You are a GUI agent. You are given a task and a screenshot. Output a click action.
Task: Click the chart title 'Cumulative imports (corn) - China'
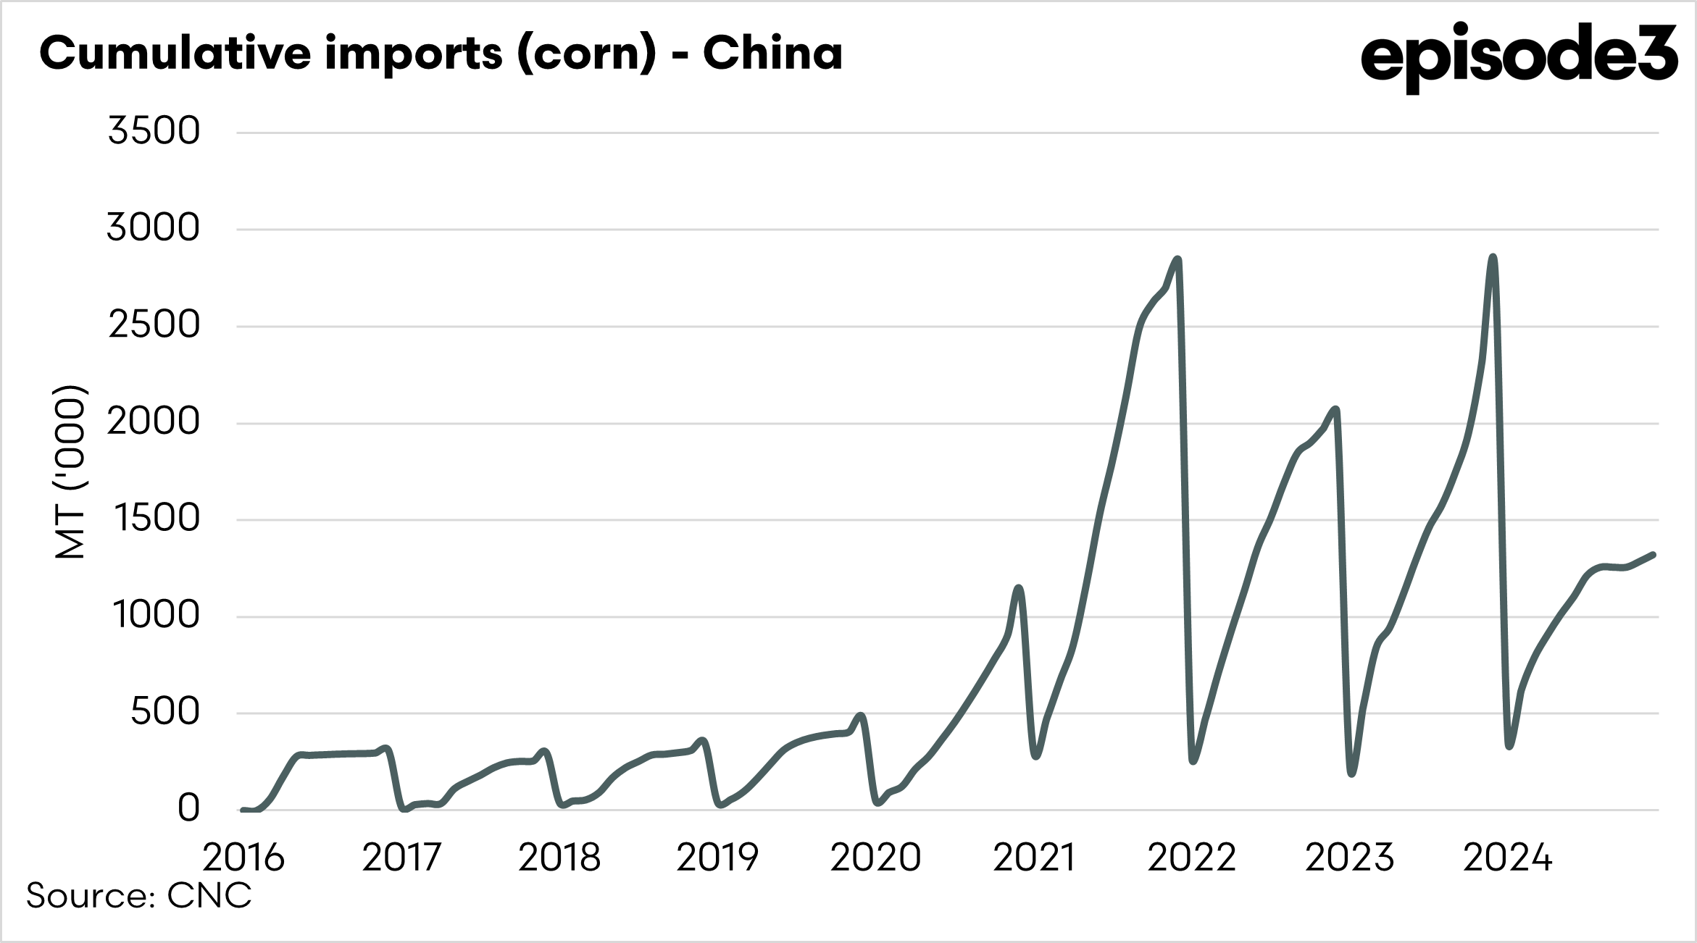click(x=441, y=52)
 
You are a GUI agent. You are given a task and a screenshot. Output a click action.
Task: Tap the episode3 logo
click(x=1519, y=56)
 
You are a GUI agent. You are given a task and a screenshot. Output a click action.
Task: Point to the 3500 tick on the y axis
click(x=154, y=132)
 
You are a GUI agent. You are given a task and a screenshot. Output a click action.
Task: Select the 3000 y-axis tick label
click(x=153, y=228)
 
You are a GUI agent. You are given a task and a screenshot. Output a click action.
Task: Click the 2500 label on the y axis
click(x=154, y=325)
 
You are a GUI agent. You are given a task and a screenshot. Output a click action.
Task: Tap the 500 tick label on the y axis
click(x=164, y=712)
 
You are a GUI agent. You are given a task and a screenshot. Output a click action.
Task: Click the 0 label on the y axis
click(x=188, y=808)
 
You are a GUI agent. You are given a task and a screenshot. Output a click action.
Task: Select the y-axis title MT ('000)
click(x=70, y=471)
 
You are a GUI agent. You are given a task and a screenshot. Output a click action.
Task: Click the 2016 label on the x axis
click(x=243, y=858)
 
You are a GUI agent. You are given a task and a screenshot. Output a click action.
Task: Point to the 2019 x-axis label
click(x=717, y=858)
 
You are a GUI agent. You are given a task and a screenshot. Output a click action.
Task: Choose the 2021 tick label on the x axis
click(x=1033, y=858)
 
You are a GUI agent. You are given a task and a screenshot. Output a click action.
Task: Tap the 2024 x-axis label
click(x=1508, y=858)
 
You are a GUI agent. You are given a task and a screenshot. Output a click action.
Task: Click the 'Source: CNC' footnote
click(x=139, y=896)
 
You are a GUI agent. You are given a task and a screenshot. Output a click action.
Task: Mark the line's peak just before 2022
click(x=1177, y=259)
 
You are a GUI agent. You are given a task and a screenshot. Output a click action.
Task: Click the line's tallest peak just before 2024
click(x=1492, y=257)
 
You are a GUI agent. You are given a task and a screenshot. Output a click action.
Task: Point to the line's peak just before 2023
click(x=1335, y=410)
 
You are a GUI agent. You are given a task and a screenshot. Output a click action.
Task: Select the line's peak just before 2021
click(x=1020, y=588)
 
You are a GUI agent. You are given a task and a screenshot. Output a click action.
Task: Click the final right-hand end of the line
click(x=1653, y=555)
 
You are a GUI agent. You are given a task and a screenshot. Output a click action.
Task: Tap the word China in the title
click(x=772, y=52)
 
